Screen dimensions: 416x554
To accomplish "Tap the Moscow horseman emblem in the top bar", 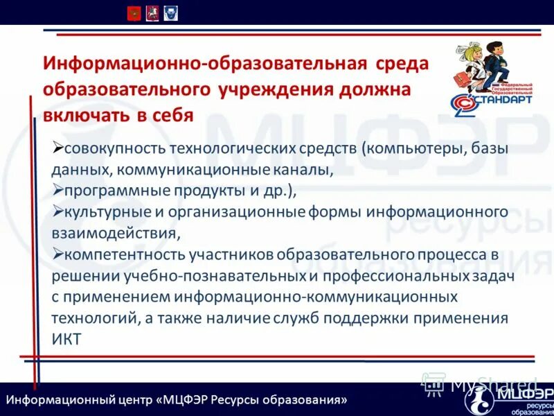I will (152, 12).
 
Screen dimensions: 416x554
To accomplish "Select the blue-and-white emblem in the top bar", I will (170, 12).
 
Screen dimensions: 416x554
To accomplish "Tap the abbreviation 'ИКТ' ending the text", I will (66, 339).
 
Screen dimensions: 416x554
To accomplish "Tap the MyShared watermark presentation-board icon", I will (434, 383).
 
